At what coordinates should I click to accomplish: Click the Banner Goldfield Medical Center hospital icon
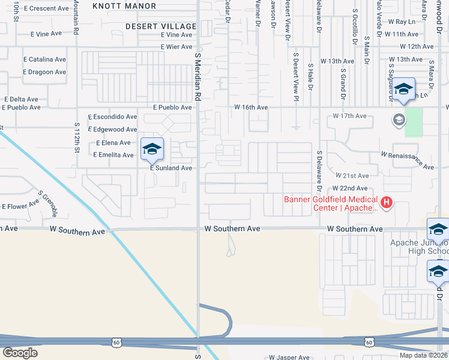click(x=387, y=203)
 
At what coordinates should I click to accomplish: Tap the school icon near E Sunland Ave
click(x=152, y=149)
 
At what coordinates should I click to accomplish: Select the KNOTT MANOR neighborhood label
click(x=131, y=6)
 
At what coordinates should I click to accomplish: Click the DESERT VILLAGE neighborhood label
click(x=161, y=26)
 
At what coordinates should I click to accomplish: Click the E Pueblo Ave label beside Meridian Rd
click(x=172, y=107)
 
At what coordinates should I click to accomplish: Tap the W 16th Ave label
click(x=250, y=107)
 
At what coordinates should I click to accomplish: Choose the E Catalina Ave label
click(x=44, y=59)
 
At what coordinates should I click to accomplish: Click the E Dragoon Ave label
click(x=44, y=72)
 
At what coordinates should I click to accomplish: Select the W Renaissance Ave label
click(x=407, y=160)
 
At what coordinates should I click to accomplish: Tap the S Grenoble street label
click(x=49, y=203)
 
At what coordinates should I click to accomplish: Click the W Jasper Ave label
click(x=289, y=357)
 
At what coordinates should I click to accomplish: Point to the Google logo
click(x=20, y=353)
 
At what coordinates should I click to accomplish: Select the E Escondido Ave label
click(x=112, y=117)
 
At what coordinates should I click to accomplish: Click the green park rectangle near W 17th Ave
click(x=413, y=122)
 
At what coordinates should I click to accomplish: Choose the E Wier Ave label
click(x=176, y=47)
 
